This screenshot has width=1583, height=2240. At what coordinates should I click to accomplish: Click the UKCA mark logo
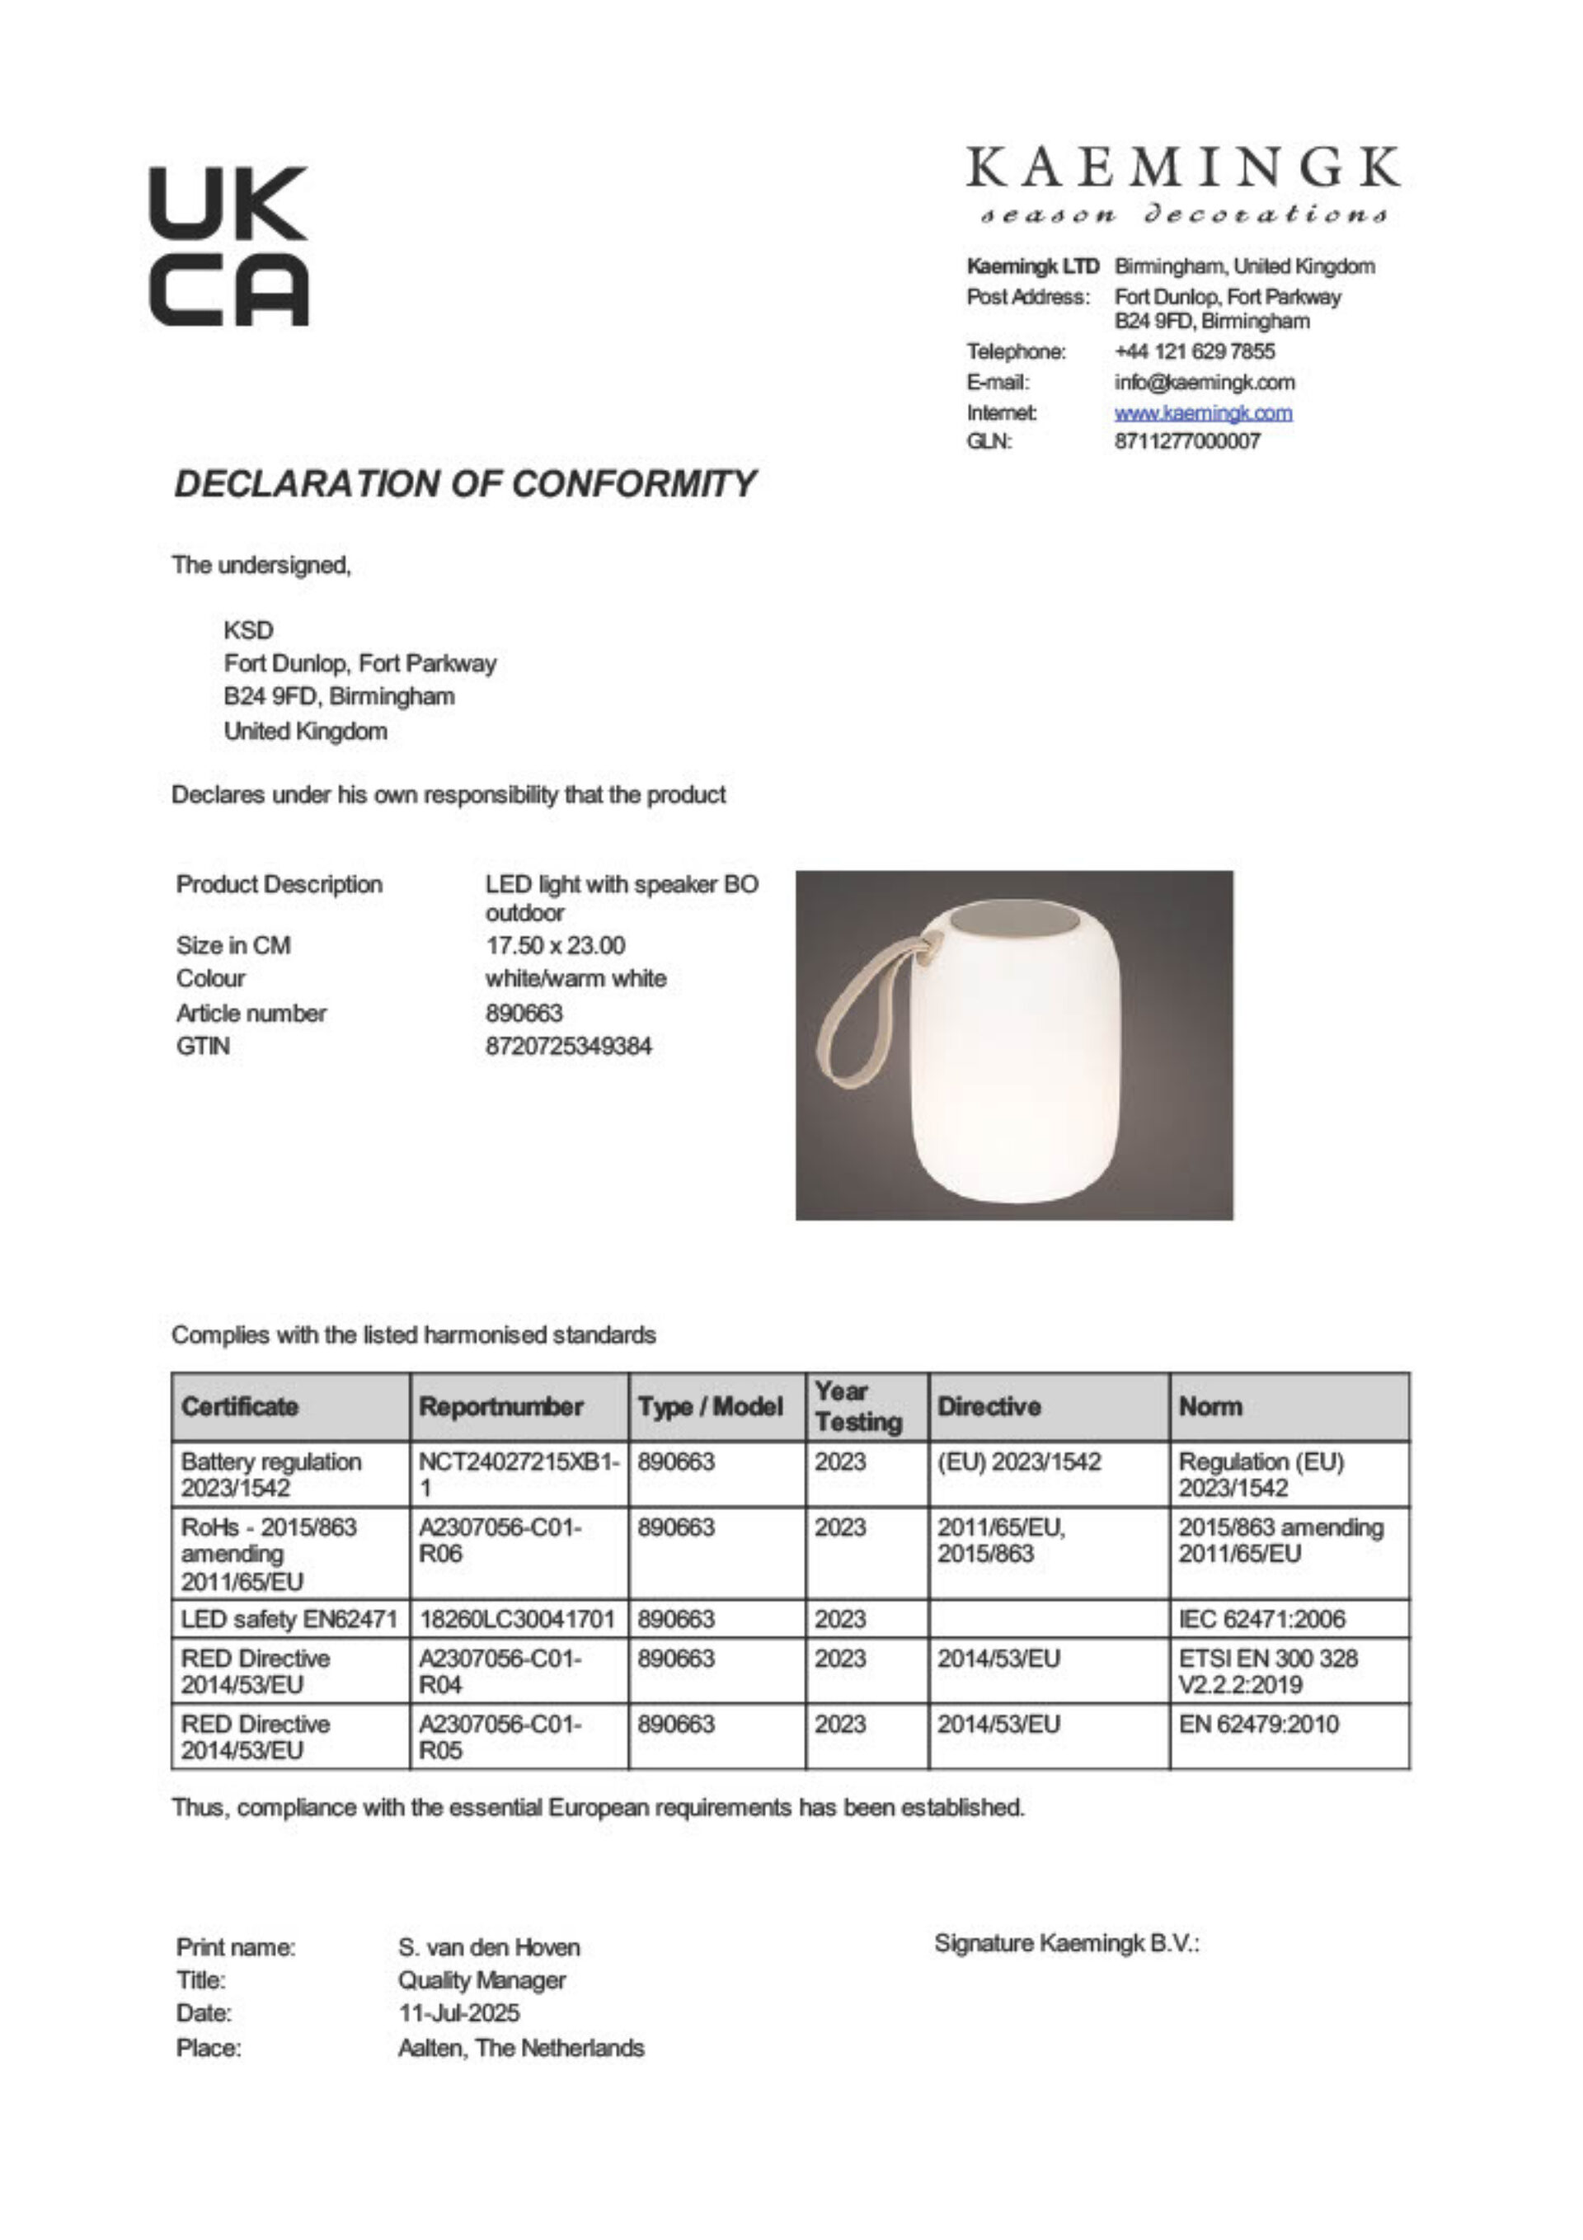pyautogui.click(x=228, y=246)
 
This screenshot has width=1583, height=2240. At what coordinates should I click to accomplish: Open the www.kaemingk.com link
pyautogui.click(x=1203, y=412)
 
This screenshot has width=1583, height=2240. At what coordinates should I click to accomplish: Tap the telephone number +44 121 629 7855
pyautogui.click(x=1194, y=351)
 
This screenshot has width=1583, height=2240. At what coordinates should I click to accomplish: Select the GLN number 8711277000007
pyautogui.click(x=1187, y=441)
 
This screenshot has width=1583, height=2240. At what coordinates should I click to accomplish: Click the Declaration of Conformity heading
pyautogui.click(x=464, y=484)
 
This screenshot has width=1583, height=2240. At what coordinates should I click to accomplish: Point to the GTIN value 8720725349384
pyautogui.click(x=568, y=1046)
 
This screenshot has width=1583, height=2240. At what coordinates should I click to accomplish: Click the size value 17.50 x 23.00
pyautogui.click(x=555, y=945)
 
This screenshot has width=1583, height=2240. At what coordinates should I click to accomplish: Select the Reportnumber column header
pyautogui.click(x=501, y=1406)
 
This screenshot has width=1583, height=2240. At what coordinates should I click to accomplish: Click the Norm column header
pyautogui.click(x=1210, y=1406)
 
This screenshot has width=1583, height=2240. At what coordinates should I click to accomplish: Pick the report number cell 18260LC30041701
pyautogui.click(x=517, y=1620)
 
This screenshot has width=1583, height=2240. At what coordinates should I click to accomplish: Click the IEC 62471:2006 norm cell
pyautogui.click(x=1261, y=1620)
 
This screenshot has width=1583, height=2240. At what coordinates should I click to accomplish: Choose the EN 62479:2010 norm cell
pyautogui.click(x=1258, y=1724)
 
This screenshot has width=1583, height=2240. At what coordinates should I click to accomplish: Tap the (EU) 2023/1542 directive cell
pyautogui.click(x=1018, y=1461)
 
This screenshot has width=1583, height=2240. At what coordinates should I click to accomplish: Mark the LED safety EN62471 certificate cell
pyautogui.click(x=289, y=1620)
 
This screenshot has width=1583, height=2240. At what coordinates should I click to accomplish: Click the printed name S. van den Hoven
pyautogui.click(x=489, y=1947)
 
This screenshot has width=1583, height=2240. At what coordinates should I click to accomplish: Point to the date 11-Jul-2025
pyautogui.click(x=458, y=2012)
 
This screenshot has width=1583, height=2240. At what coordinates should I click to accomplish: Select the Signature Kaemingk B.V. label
pyautogui.click(x=1066, y=1943)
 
